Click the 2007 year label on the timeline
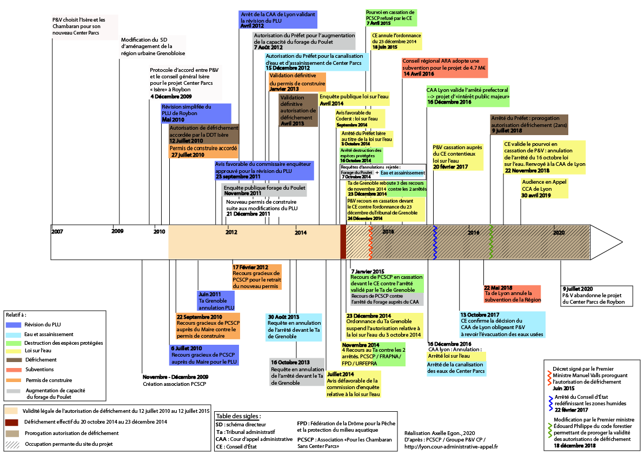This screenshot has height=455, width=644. point(57,232)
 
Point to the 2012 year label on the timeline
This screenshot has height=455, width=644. point(231,232)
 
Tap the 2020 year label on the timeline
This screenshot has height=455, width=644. point(559,232)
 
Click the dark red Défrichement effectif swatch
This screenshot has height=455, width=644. point(12,421)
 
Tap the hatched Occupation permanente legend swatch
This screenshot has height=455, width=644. point(12,444)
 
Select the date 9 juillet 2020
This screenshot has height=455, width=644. point(577,289)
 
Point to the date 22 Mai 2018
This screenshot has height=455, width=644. point(498,288)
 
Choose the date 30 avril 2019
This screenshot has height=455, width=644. point(536,196)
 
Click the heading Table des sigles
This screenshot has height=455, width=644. point(238,416)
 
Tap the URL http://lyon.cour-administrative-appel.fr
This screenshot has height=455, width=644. point(451,446)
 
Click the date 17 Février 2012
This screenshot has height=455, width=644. point(250,267)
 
